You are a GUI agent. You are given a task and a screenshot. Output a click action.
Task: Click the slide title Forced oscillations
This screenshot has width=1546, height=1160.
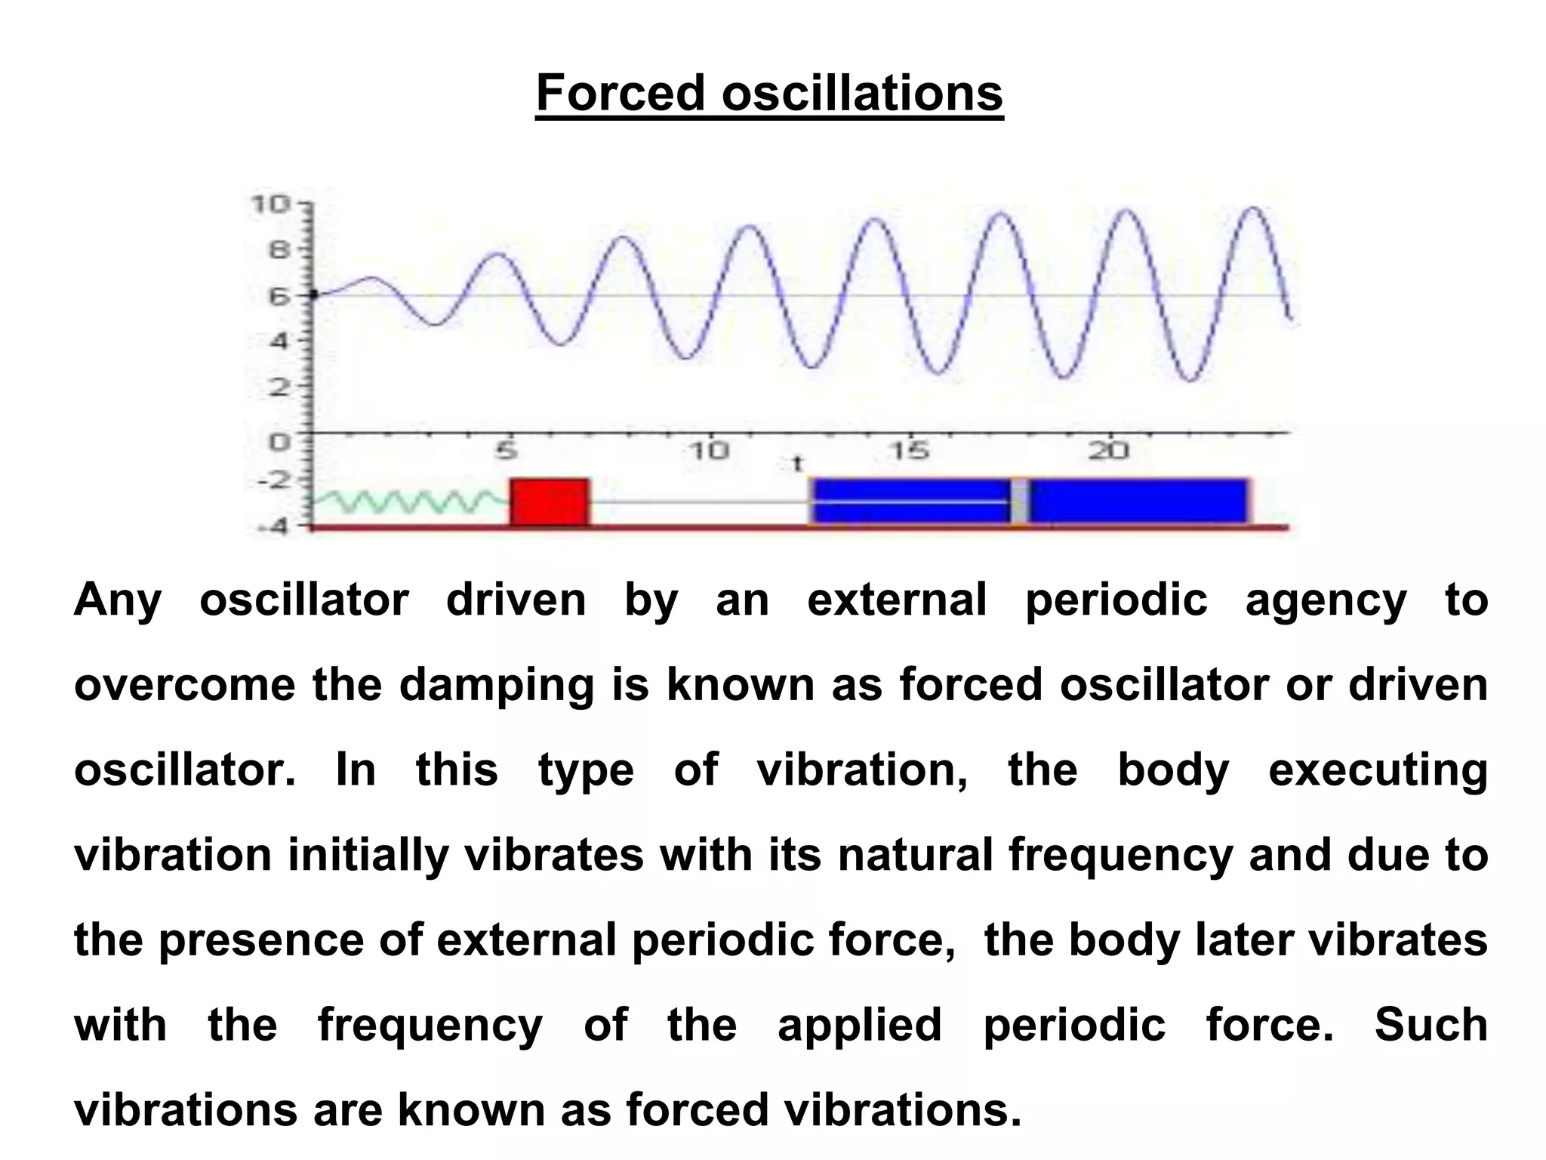769,93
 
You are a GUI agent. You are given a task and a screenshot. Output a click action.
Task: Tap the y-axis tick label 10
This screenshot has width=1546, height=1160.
269,204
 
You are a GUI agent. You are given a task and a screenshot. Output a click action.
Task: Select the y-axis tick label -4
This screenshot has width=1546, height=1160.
273,526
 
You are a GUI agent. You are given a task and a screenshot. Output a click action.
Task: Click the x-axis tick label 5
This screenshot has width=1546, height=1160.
507,452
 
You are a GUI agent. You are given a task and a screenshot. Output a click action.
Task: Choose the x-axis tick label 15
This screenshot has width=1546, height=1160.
909,452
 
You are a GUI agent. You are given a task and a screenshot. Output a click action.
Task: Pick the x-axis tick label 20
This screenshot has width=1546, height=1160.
1108,452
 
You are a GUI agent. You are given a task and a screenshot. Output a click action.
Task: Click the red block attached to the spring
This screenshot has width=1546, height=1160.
550,501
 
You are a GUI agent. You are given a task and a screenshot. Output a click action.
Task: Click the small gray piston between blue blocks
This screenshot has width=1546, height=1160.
1019,501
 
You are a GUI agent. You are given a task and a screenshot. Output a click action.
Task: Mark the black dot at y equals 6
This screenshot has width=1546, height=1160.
314,295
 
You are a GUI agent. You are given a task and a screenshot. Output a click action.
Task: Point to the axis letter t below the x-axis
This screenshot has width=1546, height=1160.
796,463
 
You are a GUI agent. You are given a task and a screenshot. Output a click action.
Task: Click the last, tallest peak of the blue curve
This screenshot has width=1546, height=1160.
1253,208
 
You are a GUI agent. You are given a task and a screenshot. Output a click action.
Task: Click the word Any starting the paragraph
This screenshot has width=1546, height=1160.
118,600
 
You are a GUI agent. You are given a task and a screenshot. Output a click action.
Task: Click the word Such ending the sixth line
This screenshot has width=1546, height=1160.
1430,1025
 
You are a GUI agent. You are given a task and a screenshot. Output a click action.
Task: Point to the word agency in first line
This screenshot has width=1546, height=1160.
1326,600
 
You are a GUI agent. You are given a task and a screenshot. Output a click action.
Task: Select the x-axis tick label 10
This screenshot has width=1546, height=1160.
710,452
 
